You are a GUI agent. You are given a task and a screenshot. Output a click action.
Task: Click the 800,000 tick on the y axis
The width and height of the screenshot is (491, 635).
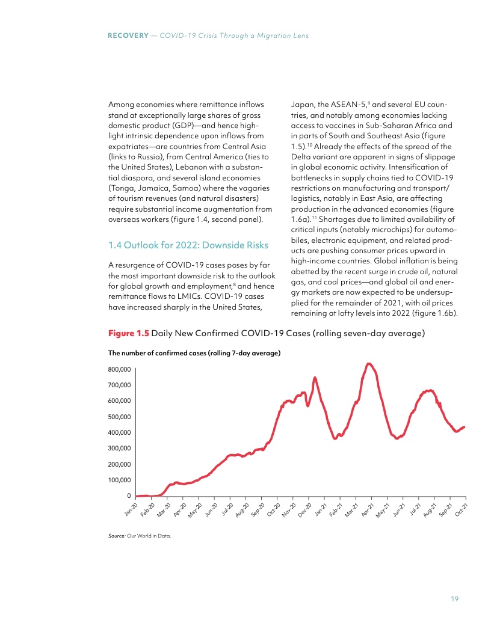(x=120, y=369)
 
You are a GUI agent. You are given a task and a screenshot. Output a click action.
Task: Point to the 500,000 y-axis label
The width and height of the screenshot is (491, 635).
(x=120, y=416)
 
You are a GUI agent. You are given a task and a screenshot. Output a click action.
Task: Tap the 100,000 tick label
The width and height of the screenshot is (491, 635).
(x=120, y=480)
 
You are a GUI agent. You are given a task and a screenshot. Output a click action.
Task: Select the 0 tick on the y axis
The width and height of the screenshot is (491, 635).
(x=128, y=495)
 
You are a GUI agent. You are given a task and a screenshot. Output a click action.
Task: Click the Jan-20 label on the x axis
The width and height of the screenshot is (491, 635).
(x=131, y=510)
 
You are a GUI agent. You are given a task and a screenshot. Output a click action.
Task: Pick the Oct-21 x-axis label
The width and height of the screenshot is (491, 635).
(x=462, y=510)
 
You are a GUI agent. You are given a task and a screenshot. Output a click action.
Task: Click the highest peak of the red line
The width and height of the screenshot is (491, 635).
(x=369, y=363)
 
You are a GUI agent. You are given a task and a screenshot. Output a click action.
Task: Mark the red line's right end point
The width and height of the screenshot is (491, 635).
(x=465, y=427)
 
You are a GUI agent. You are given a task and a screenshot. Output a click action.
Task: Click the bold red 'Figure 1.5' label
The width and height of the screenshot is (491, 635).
(x=128, y=334)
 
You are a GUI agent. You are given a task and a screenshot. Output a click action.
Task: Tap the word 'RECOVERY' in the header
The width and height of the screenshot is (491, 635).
(x=128, y=36)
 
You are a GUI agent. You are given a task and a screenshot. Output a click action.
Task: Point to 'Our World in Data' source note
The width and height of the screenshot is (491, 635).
(x=155, y=536)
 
